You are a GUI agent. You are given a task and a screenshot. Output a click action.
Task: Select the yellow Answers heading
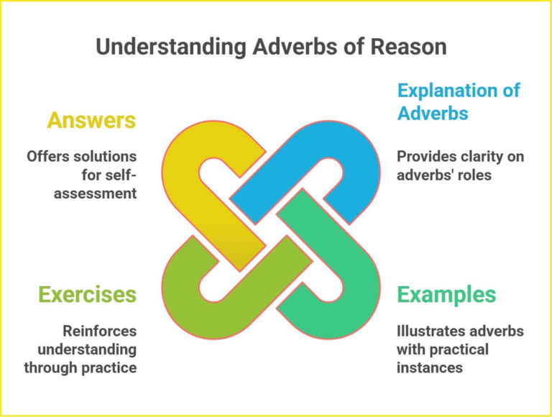(x=91, y=120)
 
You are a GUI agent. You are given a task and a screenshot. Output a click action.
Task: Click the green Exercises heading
(x=87, y=295)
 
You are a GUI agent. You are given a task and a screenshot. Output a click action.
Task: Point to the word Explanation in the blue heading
(x=459, y=91)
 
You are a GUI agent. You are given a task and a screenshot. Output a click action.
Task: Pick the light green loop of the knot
(x=193, y=302)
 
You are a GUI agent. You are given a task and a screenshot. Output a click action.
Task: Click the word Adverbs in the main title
(x=279, y=47)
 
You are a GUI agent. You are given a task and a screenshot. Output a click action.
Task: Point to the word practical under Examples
(x=460, y=349)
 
